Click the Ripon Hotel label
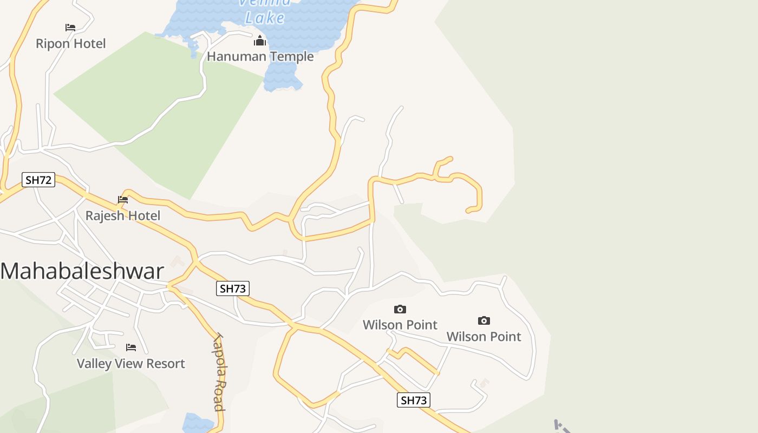[70, 43]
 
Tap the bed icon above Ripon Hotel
[70, 27]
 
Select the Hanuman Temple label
[260, 56]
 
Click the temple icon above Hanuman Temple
[260, 41]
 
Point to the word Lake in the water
[265, 18]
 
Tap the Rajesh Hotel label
[123, 215]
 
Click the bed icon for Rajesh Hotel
[123, 200]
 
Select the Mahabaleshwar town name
[82, 271]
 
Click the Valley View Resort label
[130, 363]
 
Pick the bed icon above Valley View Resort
[130, 347]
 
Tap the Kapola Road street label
[218, 372]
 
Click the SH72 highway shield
[38, 180]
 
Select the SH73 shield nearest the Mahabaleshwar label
[233, 288]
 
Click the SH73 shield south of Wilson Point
[414, 400]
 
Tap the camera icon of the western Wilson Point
[400, 309]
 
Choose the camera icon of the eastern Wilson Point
[484, 321]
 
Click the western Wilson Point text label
[400, 325]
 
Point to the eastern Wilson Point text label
[483, 336]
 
